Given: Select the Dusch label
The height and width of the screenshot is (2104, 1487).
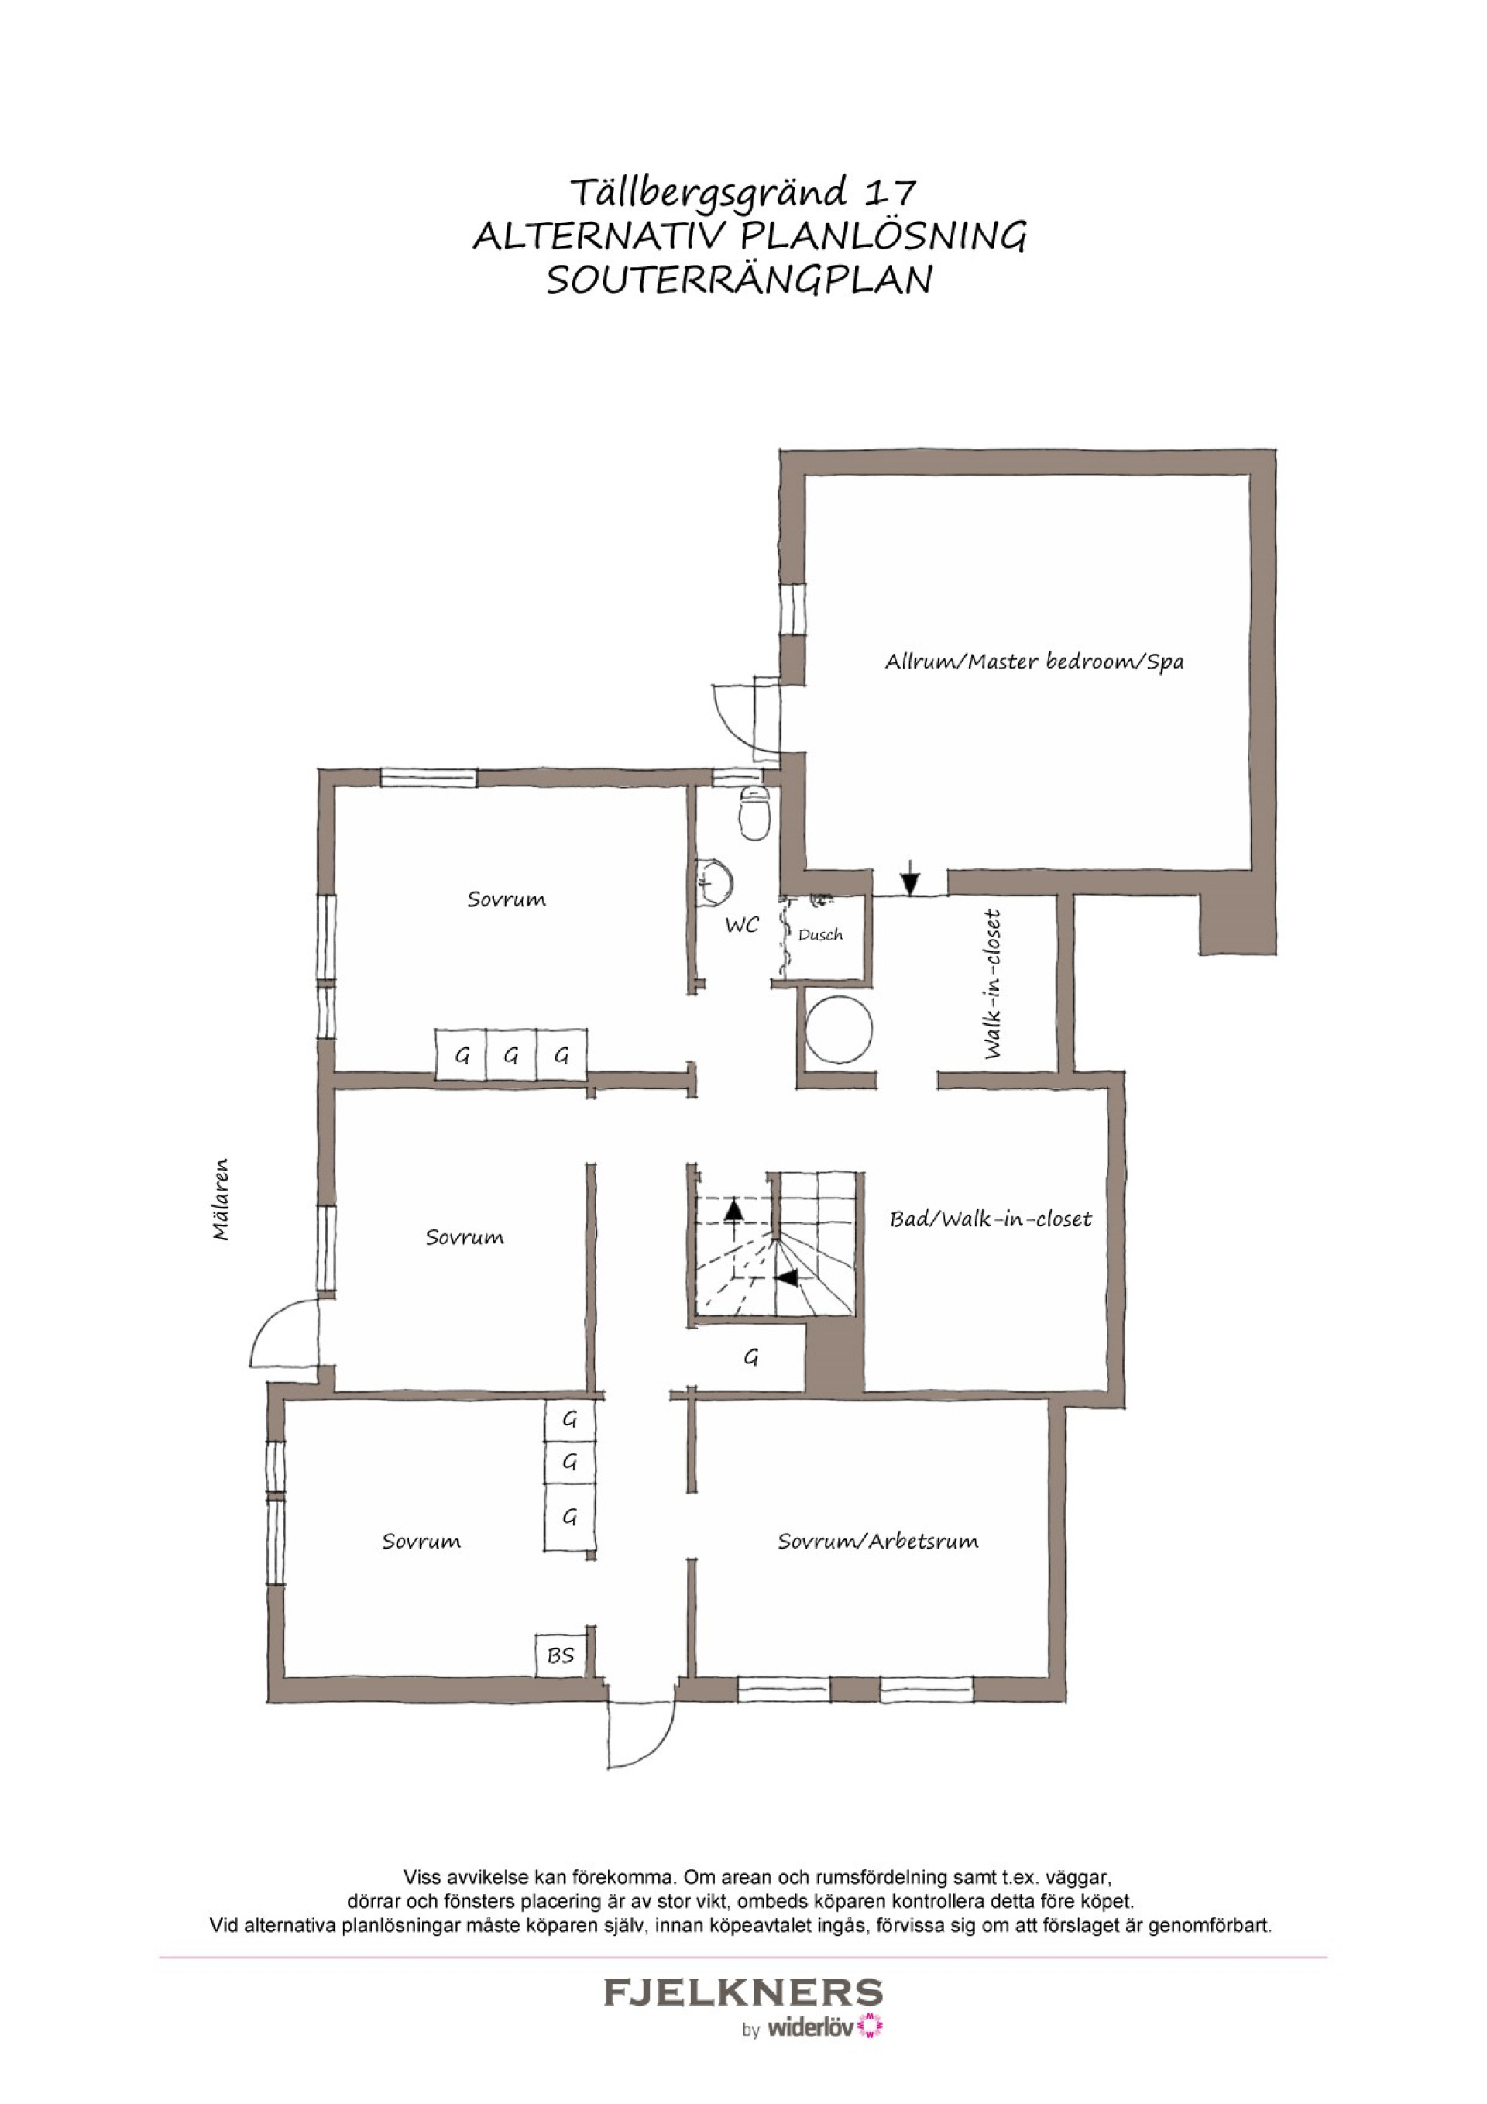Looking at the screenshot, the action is coord(820,935).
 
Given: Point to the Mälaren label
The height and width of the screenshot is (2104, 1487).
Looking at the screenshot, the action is coord(221,1199).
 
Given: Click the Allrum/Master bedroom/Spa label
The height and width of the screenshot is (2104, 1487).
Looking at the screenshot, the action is coord(1033,662).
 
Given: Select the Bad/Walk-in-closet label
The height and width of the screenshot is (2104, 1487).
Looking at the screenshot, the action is coord(991,1219).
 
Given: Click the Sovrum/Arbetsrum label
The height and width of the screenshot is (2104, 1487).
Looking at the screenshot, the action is coord(877,1542).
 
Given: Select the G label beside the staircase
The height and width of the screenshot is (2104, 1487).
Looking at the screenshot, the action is coord(751,1357).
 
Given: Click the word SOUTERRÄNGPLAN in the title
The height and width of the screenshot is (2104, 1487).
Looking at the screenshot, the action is coord(740,280).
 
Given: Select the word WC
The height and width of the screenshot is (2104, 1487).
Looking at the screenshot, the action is coord(742,926).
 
